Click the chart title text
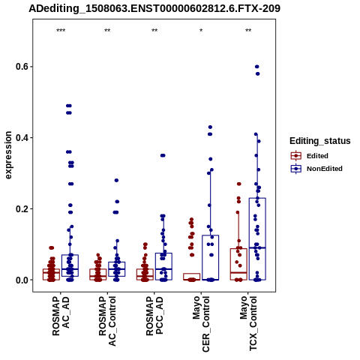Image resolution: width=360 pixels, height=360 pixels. (x=154, y=9)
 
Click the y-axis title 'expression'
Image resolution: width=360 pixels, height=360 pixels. (x=8, y=155)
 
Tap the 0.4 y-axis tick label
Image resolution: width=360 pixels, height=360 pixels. (x=22, y=138)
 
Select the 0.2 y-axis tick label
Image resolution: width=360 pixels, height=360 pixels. (x=22, y=208)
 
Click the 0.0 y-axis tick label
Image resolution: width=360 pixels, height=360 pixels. (x=22, y=280)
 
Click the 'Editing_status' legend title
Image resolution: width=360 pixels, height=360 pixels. (x=320, y=141)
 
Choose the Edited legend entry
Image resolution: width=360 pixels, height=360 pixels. (x=310, y=156)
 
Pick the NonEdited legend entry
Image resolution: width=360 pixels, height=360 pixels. (x=316, y=169)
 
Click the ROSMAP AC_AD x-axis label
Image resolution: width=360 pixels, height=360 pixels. (x=61, y=316)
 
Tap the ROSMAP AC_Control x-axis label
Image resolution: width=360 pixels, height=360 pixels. (x=107, y=321)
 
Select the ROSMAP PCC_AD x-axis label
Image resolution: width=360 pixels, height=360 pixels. (x=154, y=316)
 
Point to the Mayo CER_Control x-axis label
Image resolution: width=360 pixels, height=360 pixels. (x=201, y=324)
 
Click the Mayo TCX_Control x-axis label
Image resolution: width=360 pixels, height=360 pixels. (x=248, y=323)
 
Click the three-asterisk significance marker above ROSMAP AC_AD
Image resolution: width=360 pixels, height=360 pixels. (x=61, y=31)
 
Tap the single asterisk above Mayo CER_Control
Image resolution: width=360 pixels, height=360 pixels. (x=201, y=31)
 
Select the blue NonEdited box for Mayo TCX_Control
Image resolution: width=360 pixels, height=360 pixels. (x=257, y=239)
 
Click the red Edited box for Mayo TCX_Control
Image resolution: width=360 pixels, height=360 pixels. (x=238, y=264)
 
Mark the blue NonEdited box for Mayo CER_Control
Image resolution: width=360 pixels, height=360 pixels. (x=211, y=257)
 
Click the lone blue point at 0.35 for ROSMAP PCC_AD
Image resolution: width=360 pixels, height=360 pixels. (x=163, y=155)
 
